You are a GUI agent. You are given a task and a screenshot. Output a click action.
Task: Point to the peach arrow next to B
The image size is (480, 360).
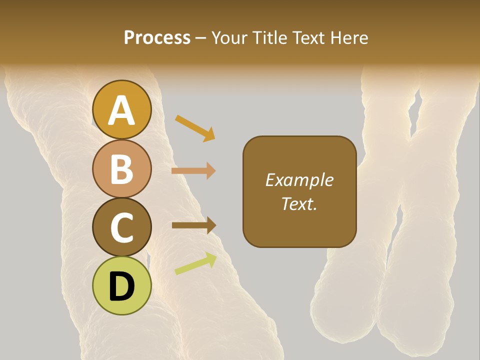(193, 171)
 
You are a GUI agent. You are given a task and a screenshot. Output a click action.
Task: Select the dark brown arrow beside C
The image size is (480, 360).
(193, 225)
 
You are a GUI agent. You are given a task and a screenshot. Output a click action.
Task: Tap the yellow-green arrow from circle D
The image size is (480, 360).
(195, 263)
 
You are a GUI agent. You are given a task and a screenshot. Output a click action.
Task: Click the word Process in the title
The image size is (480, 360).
(157, 37)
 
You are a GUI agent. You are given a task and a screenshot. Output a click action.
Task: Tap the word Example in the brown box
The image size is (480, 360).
(299, 180)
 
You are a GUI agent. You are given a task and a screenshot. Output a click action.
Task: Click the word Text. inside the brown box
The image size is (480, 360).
(299, 203)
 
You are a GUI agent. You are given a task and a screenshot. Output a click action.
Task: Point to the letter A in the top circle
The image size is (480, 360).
(121, 110)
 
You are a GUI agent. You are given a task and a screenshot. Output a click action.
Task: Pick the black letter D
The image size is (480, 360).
(121, 287)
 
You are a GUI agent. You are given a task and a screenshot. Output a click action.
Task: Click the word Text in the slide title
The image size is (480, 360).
(307, 37)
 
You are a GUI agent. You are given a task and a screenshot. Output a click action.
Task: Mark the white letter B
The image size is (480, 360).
(121, 169)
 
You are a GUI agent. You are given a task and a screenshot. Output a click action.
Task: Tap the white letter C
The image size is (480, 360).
(121, 228)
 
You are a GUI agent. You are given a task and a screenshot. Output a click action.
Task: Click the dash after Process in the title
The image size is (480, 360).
(201, 38)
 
